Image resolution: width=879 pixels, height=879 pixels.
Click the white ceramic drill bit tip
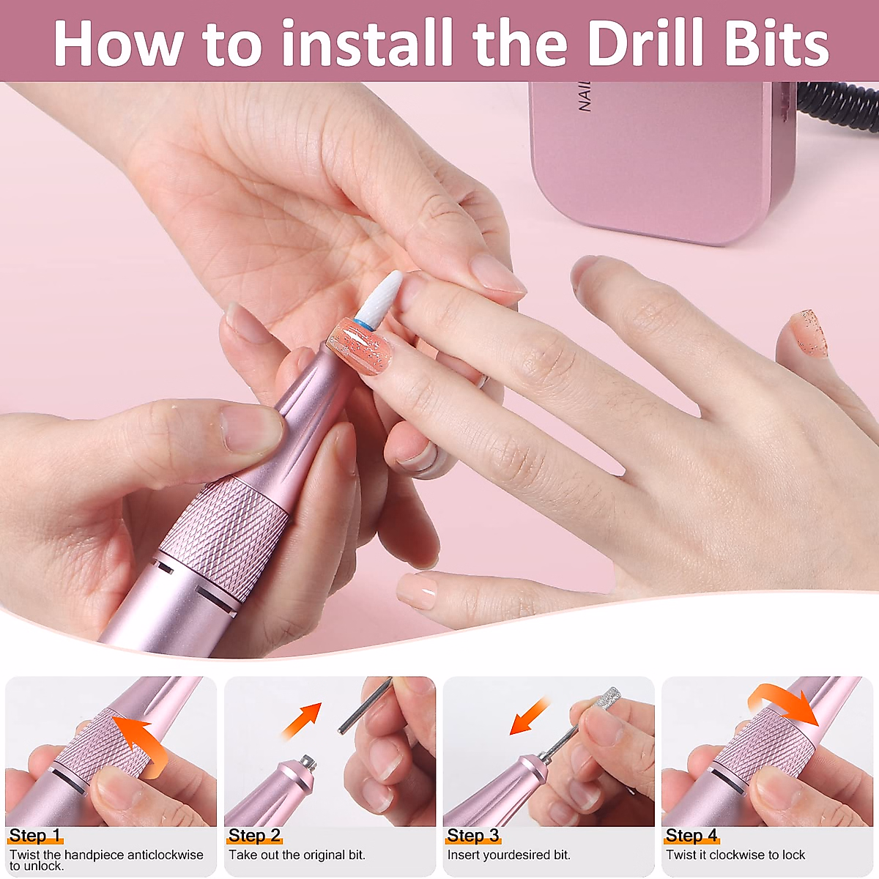[379, 298]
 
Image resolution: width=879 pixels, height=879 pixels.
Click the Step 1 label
[34, 835]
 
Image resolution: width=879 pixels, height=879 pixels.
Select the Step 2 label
[254, 835]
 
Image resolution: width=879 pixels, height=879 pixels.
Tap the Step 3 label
[473, 835]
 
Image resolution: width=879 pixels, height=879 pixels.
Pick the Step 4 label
[691, 835]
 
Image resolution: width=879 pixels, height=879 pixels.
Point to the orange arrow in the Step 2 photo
[302, 719]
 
